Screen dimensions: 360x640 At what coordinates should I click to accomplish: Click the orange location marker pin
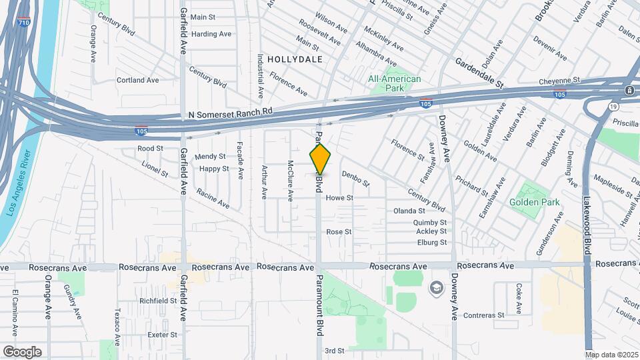coord(320,159)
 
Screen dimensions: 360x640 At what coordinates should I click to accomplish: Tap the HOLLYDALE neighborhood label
coord(295,59)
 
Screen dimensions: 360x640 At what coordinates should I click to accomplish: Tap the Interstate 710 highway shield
coord(24,22)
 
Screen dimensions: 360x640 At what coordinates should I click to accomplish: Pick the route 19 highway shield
coord(613,106)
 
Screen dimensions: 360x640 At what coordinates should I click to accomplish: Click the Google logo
coord(22,351)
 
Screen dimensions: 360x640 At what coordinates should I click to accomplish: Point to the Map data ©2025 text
coord(612,355)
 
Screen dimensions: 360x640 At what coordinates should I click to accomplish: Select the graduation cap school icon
coord(436,287)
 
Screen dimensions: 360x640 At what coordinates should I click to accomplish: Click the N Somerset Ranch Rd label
coord(231,115)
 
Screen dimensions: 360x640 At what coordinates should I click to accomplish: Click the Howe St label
coord(339,198)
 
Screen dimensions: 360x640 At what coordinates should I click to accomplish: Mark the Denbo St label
coord(355,178)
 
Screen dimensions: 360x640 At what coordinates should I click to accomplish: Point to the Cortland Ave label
coord(138,80)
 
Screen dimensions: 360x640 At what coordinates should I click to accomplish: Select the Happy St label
coord(214,169)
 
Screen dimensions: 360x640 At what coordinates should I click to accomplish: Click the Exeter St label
coord(162,335)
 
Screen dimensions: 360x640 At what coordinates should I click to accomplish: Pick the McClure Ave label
coord(291,181)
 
